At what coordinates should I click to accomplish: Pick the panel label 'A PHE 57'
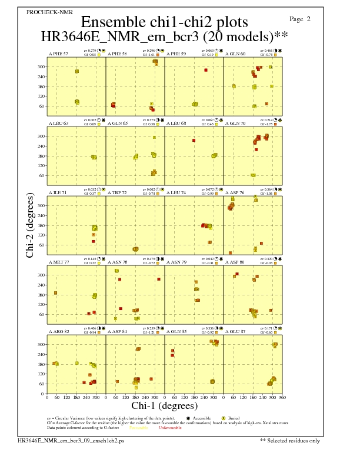[58, 54]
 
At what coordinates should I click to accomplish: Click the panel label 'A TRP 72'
[117, 192]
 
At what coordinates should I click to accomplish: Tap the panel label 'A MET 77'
[58, 262]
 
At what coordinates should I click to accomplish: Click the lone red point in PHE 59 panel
[206, 70]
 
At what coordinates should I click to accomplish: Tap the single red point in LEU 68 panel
[194, 140]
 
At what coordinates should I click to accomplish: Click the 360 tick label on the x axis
[282, 397]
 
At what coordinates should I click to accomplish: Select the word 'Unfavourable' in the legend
[170, 428]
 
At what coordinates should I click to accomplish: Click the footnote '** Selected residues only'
[289, 440]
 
